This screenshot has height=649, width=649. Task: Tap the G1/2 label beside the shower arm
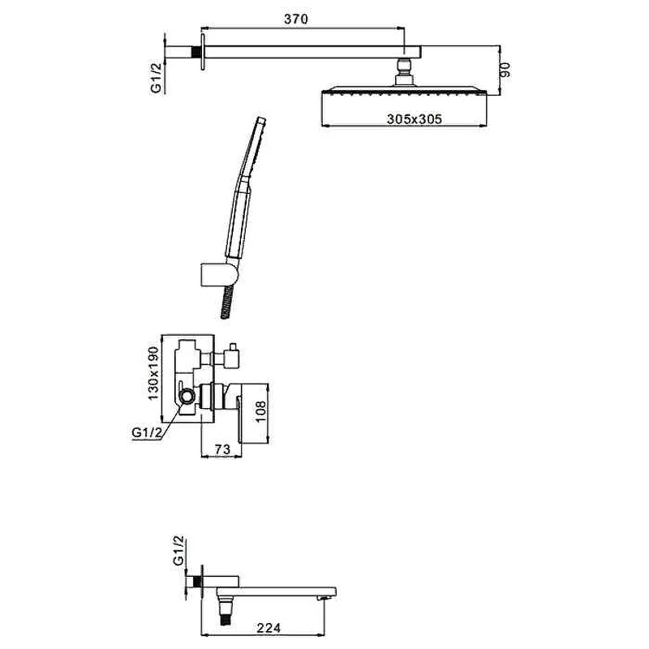click(x=157, y=75)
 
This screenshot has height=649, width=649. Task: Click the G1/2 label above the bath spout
click(x=179, y=551)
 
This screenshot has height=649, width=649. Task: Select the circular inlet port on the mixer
click(x=188, y=396)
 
